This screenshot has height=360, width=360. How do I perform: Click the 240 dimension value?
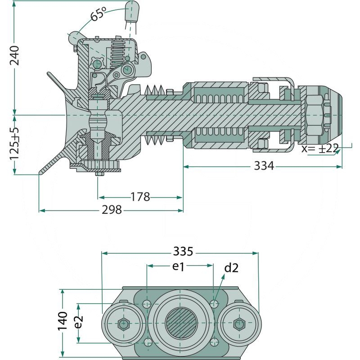(14, 55)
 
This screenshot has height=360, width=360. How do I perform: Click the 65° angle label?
(98, 14)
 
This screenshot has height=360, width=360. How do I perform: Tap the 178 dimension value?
(140, 197)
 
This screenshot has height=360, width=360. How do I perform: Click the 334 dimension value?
(264, 166)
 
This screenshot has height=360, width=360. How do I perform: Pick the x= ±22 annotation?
(320, 149)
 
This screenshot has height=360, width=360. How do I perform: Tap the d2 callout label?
(231, 269)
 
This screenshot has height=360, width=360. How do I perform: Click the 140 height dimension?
(63, 321)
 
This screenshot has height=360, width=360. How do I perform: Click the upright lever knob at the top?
(131, 10)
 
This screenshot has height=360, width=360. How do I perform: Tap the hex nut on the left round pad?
(123, 324)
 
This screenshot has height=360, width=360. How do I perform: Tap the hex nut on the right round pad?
(238, 324)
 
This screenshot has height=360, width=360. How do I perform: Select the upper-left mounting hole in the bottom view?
(147, 305)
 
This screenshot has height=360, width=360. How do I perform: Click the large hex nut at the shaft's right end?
(314, 115)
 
